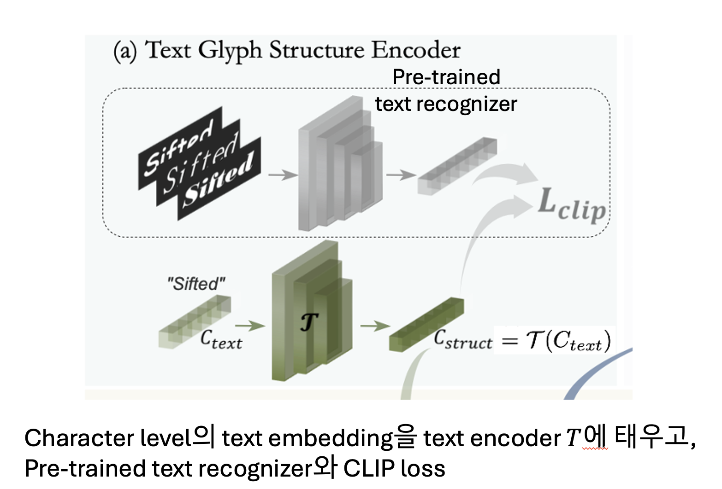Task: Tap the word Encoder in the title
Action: pos(416,50)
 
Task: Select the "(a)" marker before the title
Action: pos(125,51)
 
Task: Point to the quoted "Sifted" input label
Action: pos(196,284)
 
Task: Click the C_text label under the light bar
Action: pos(221,340)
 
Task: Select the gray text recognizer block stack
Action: pos(339,166)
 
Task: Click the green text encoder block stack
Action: pos(311,313)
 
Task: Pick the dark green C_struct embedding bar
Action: pos(426,325)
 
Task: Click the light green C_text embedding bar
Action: pos(194,321)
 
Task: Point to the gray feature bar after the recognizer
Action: pos(457,166)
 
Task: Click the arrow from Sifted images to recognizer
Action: pos(283,175)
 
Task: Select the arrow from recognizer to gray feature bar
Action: pos(401,175)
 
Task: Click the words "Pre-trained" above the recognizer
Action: pos(446,77)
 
